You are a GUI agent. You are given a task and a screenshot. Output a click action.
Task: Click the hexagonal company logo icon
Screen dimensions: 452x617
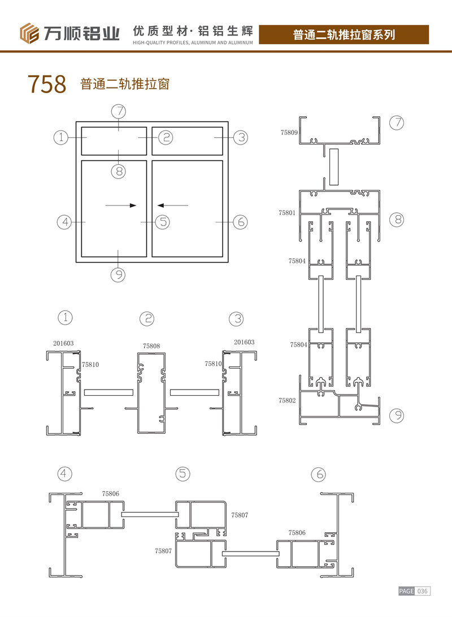pyautogui.click(x=29, y=33)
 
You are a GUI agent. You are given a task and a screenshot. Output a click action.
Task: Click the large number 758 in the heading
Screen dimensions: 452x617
pyautogui.click(x=47, y=84)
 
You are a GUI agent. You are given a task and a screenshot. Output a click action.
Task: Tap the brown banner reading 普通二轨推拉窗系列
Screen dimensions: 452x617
pyautogui.click(x=344, y=34)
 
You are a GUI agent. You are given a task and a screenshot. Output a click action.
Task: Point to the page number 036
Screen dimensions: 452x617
pyautogui.click(x=423, y=591)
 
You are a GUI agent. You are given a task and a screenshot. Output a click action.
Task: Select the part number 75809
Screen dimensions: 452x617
pyautogui.click(x=289, y=133)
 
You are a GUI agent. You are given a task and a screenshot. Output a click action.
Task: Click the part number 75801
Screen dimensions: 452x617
pyautogui.click(x=287, y=213)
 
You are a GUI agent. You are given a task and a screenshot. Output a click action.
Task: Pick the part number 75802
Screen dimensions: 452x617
pyautogui.click(x=287, y=401)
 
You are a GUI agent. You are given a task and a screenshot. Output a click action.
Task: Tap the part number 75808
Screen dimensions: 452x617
pyautogui.click(x=151, y=346)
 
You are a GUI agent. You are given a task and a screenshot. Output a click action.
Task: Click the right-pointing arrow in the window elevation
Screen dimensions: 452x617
pyautogui.click(x=121, y=205)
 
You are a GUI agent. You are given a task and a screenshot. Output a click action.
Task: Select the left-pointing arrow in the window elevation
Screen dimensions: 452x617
pyautogui.click(x=172, y=205)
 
